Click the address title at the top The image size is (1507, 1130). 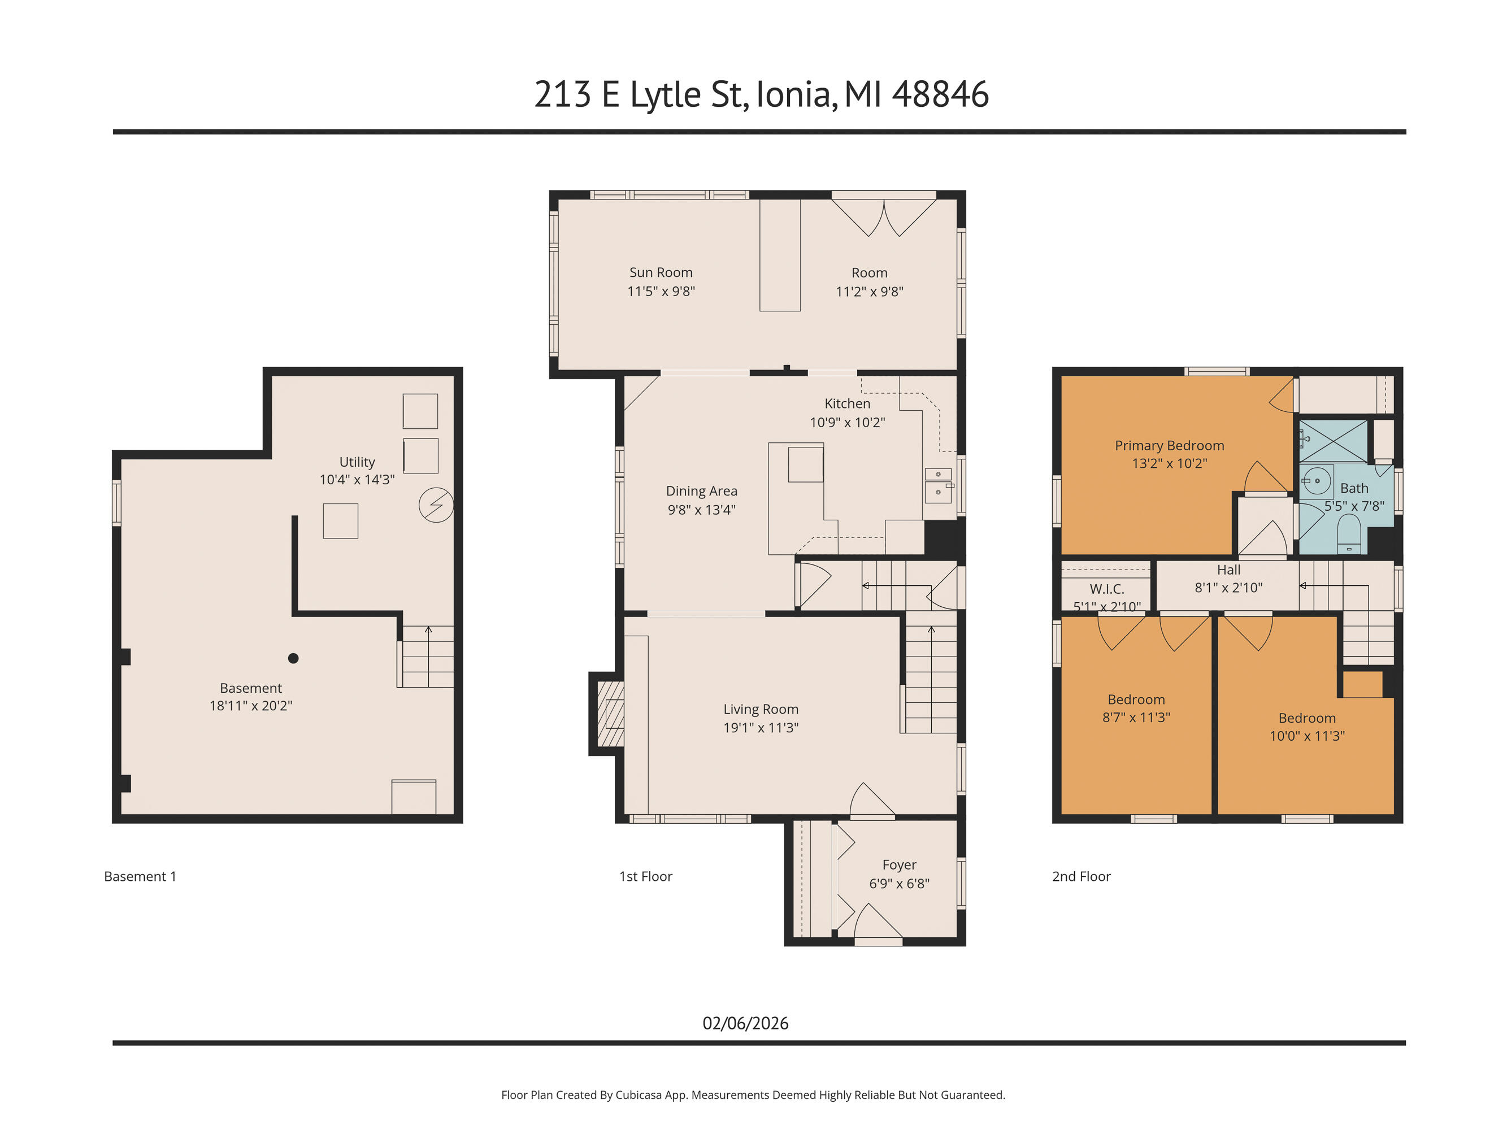click(761, 94)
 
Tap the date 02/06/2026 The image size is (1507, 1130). click(745, 1023)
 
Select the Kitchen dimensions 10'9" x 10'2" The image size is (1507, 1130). click(847, 422)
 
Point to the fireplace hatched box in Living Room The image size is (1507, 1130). click(610, 714)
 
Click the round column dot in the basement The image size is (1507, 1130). click(293, 658)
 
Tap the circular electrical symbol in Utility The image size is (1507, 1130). click(435, 505)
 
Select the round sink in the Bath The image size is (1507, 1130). click(1317, 481)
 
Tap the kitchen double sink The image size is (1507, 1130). click(937, 483)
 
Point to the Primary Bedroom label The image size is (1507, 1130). click(1169, 445)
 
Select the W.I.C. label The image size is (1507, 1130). click(1106, 589)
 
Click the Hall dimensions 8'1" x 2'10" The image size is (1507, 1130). click(1228, 587)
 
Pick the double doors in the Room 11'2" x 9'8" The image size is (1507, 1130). click(884, 216)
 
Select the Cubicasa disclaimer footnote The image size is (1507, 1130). click(753, 1094)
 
